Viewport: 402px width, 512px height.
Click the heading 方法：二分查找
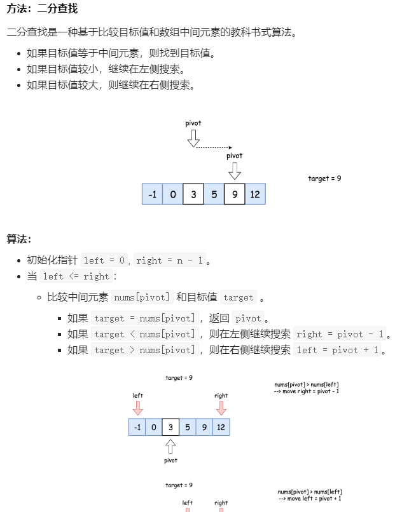pos(43,10)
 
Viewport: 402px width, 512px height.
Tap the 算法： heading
pos(19,239)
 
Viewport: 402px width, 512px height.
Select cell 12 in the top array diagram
pos(255,194)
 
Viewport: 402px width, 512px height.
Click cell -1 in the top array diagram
pos(152,194)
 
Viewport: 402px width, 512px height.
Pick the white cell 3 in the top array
pos(193,194)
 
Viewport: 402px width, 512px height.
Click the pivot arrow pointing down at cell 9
pos(235,170)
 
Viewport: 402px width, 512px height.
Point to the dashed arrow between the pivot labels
pos(214,147)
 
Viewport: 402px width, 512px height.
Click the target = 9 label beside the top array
pos(324,179)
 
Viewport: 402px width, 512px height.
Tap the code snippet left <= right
pos(76,276)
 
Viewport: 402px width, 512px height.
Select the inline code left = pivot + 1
pos(338,350)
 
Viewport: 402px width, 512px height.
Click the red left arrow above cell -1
pos(138,408)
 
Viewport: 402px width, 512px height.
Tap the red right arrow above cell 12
pos(221,408)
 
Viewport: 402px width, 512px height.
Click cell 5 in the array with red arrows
pos(187,428)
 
